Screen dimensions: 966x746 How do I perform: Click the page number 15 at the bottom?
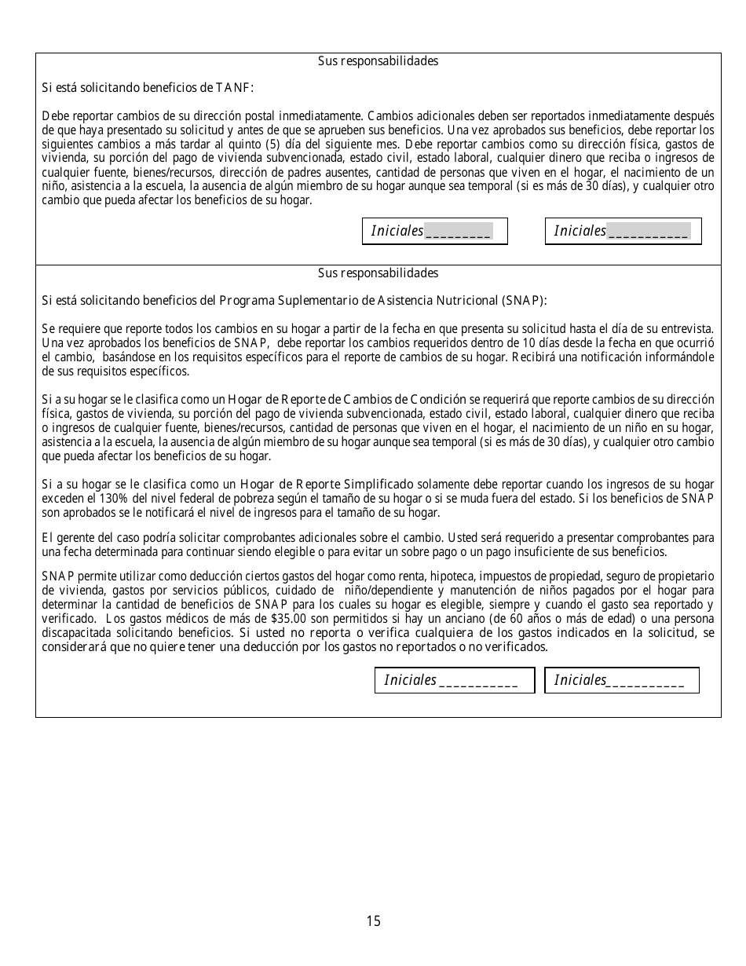click(373, 921)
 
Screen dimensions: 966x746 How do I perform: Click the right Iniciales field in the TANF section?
click(623, 231)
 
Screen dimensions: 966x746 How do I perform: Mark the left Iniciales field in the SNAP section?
click(454, 680)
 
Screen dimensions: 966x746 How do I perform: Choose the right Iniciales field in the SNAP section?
click(621, 680)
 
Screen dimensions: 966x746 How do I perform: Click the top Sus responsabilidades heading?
click(378, 61)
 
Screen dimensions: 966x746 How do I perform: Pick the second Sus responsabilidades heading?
click(378, 273)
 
